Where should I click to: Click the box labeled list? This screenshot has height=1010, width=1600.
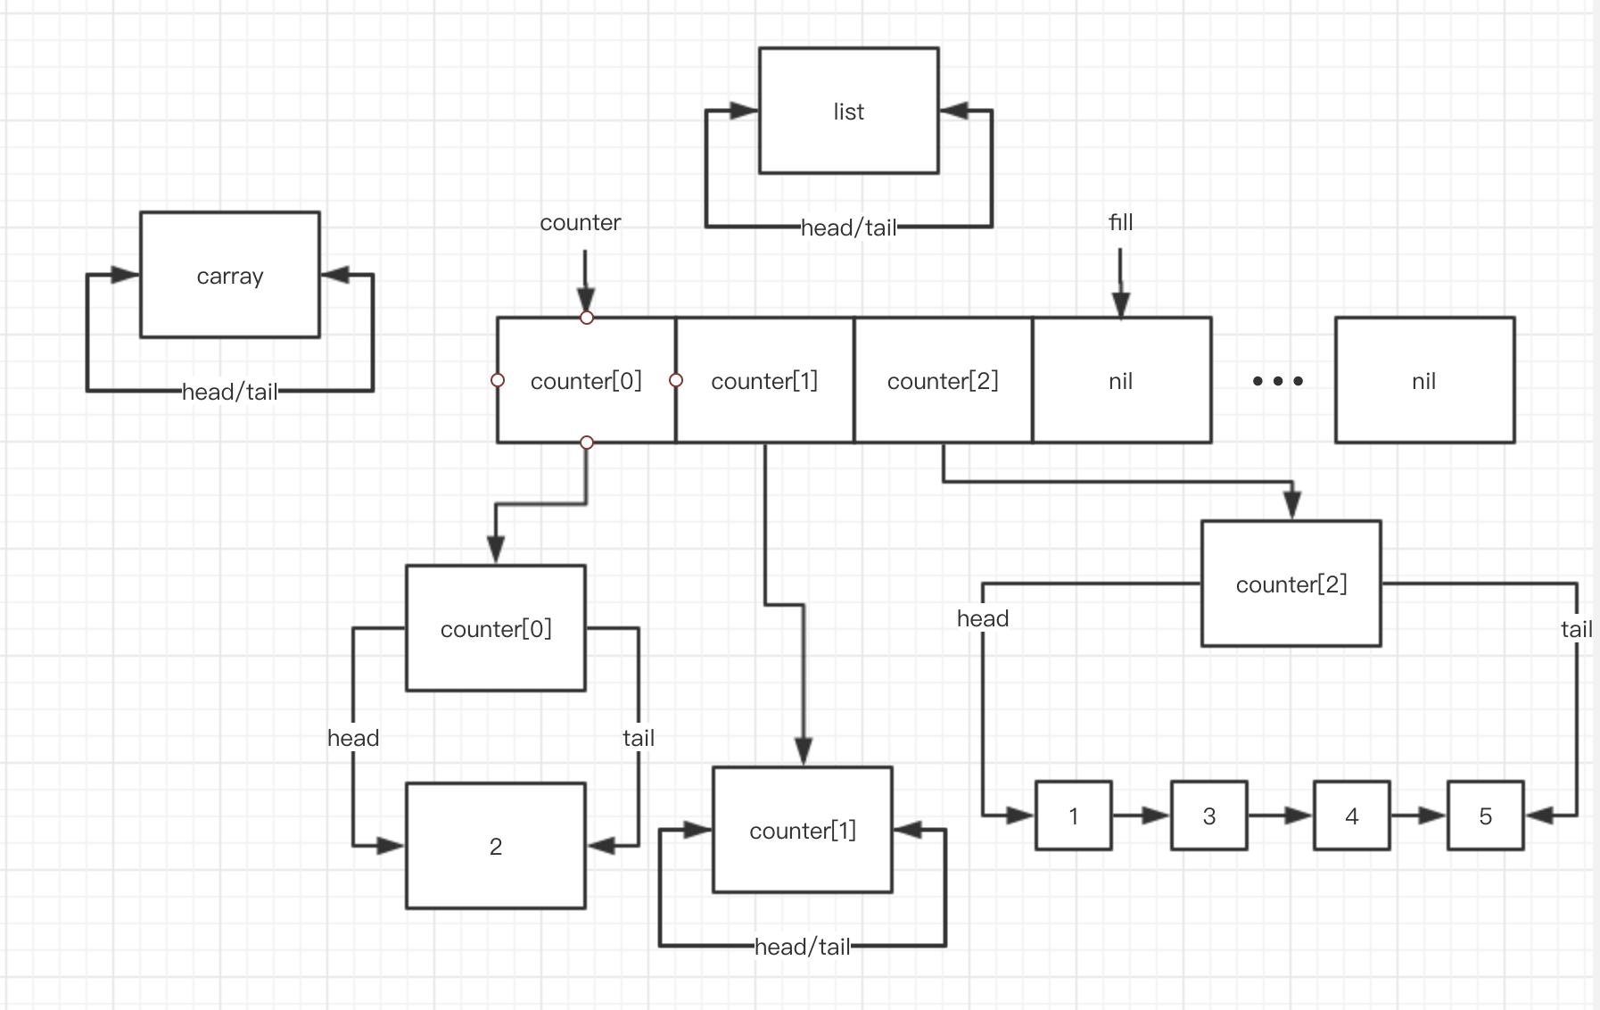pyautogui.click(x=848, y=111)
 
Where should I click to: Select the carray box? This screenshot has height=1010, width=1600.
pyautogui.click(x=229, y=275)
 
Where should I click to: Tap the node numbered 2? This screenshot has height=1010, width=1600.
pyautogui.click(x=495, y=846)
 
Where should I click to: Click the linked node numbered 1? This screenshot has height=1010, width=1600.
pyautogui.click(x=1073, y=815)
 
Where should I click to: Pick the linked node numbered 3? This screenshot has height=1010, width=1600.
pyautogui.click(x=1208, y=815)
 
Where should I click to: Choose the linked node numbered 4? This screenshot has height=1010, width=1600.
pyautogui.click(x=1351, y=815)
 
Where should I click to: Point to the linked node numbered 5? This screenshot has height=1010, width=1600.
pyautogui.click(x=1485, y=815)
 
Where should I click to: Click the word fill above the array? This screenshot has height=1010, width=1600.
pyautogui.click(x=1120, y=222)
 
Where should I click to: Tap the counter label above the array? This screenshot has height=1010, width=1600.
pyautogui.click(x=580, y=222)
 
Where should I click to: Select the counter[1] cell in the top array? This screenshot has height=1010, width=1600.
pyautogui.click(x=764, y=381)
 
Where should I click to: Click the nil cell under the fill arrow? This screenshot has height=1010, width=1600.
pyautogui.click(x=1121, y=381)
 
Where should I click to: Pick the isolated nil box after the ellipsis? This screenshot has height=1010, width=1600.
pyautogui.click(x=1424, y=381)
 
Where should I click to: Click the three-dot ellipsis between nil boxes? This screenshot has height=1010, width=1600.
pyautogui.click(x=1277, y=381)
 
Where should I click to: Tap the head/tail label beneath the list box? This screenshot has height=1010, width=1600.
pyautogui.click(x=848, y=228)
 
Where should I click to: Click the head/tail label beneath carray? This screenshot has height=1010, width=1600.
pyautogui.click(x=229, y=392)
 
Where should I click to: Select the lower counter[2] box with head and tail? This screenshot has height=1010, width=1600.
pyautogui.click(x=1291, y=584)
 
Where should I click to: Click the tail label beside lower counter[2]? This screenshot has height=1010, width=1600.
pyautogui.click(x=1576, y=629)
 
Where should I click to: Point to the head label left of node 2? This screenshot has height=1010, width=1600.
pyautogui.click(x=353, y=738)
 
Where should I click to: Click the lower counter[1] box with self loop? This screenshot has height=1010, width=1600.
pyautogui.click(x=802, y=830)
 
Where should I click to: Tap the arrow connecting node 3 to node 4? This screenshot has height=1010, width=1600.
pyautogui.click(x=1280, y=815)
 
